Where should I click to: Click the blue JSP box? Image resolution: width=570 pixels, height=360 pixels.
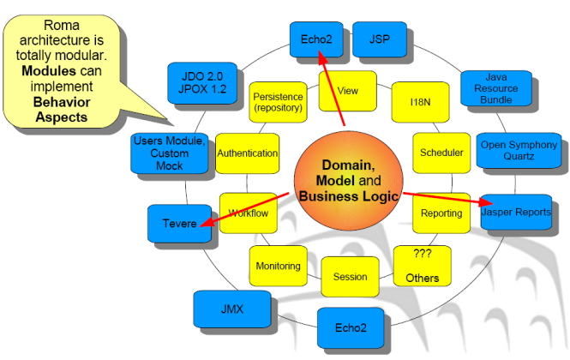point(380,39)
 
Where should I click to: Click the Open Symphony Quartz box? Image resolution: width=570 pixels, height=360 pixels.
point(517,151)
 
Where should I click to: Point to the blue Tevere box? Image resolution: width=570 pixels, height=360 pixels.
point(178,223)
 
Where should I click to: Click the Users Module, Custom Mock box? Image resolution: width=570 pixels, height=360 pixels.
point(170,153)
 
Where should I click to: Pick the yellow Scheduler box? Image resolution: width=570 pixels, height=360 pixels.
point(441,153)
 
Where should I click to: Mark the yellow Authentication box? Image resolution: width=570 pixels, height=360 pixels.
point(248,153)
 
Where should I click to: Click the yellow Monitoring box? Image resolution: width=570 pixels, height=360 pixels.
point(279,266)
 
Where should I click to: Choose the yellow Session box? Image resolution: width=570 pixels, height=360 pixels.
point(350,277)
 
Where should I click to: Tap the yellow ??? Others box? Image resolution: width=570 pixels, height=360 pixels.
point(422,266)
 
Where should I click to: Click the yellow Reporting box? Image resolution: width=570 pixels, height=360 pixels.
point(441,213)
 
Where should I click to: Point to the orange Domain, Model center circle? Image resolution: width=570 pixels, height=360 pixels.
point(349,180)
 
